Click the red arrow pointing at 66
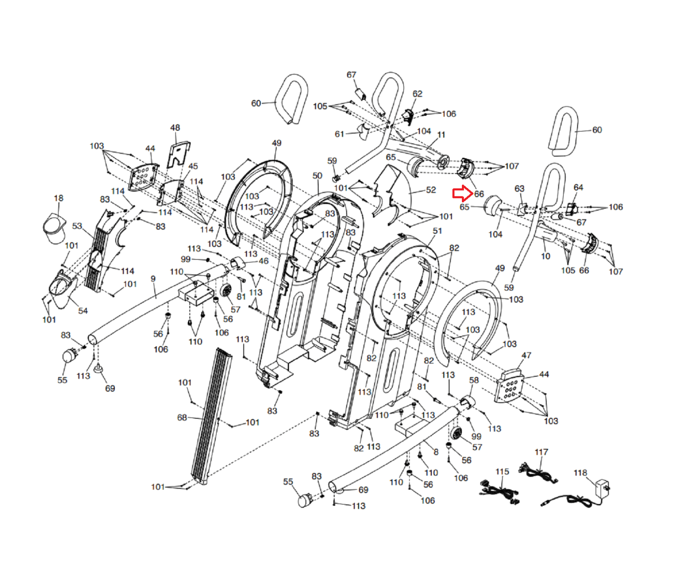pyautogui.click(x=463, y=193)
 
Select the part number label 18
pyautogui.click(x=58, y=198)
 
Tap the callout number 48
pyautogui.click(x=175, y=128)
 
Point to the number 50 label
pyautogui.click(x=317, y=176)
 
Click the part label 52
pyautogui.click(x=431, y=190)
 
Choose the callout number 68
pyautogui.click(x=182, y=417)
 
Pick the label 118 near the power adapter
pyautogui.click(x=581, y=473)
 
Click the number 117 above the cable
pyautogui.click(x=541, y=452)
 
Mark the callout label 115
pyautogui.click(x=502, y=472)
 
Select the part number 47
pyautogui.click(x=526, y=356)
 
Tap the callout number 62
pyautogui.click(x=417, y=94)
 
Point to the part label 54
pyautogui.click(x=83, y=311)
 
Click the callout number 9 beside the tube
pyautogui.click(x=153, y=279)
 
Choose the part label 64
pyautogui.click(x=578, y=188)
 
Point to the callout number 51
pyautogui.click(x=437, y=231)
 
